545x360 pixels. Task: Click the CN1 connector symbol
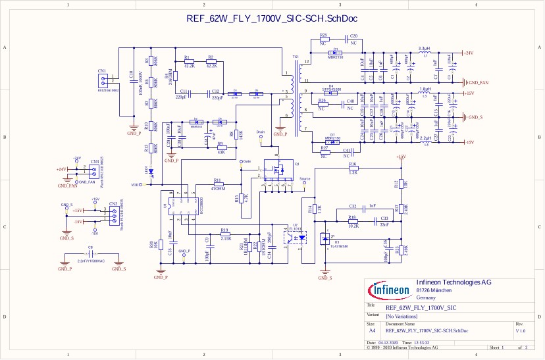point(102,80)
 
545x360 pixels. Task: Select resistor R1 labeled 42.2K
point(190,62)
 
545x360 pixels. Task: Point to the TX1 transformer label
point(296,57)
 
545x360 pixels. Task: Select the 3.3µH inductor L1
point(425,53)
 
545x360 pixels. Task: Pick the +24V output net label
point(468,53)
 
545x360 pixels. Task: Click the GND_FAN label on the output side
point(476,83)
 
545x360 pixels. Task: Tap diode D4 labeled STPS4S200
point(331,93)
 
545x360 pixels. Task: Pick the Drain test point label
point(261,132)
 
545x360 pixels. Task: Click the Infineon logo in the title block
point(390,290)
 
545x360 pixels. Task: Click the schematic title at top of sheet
point(271,19)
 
